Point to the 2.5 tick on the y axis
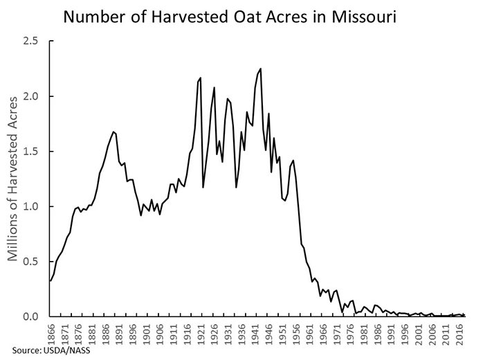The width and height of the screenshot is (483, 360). (31, 41)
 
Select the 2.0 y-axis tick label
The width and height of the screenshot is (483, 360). (31, 96)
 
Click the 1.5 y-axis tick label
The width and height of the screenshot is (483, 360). (31, 152)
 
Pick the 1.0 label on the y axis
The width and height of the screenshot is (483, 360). (31, 206)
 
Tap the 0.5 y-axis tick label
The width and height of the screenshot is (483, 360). (31, 262)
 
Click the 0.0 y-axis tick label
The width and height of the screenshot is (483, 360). (31, 317)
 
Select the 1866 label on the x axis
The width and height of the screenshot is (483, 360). (51, 331)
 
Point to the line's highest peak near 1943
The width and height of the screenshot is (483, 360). (260, 69)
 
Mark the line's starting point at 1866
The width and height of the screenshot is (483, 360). (51, 280)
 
